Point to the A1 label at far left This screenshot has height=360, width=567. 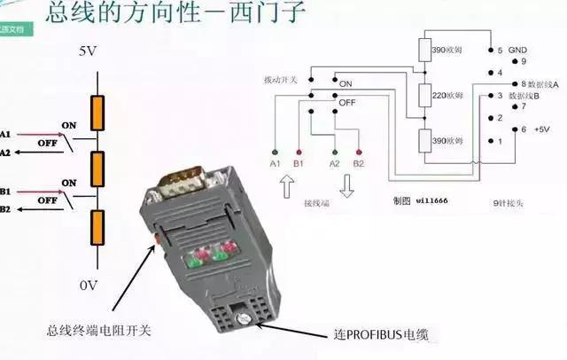pos(6,134)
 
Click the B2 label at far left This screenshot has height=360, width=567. pos(6,209)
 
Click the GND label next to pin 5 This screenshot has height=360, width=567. pos(518,51)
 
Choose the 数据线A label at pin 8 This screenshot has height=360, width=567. pos(540,84)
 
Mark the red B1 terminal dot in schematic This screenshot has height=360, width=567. pos(299,152)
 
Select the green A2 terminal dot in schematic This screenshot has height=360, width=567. pos(335,152)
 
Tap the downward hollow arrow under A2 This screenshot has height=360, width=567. pos(346,187)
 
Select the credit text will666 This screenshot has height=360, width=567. pos(432,201)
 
